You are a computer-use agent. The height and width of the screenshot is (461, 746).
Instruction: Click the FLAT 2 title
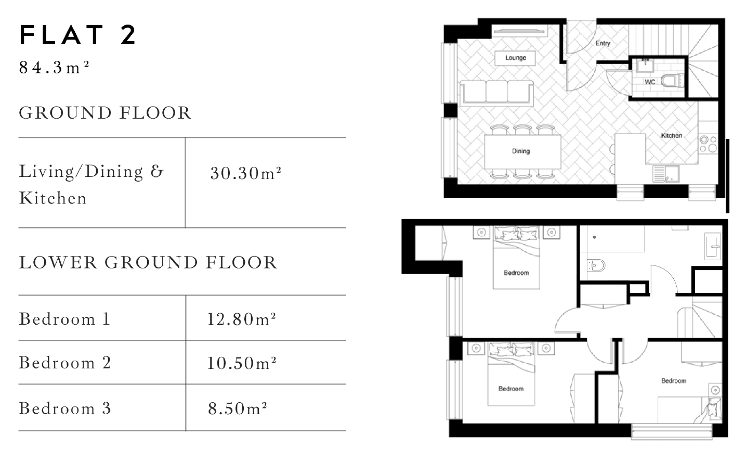tap(78, 35)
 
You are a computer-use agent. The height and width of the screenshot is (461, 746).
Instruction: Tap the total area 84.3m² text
tap(54, 68)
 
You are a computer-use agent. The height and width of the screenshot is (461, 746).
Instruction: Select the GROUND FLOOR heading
tap(105, 113)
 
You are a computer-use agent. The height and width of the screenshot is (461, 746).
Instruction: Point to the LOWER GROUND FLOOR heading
tap(148, 262)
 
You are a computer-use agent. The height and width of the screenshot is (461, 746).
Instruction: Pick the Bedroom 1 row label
tap(64, 319)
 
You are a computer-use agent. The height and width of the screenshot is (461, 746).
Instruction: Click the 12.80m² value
tap(241, 319)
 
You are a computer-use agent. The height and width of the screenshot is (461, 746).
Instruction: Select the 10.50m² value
tap(241, 363)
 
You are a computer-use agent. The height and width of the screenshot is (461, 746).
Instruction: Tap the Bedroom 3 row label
tap(65, 408)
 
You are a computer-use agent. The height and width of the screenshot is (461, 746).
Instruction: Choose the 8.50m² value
tap(238, 408)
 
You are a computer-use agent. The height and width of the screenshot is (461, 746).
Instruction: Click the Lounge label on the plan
tap(516, 58)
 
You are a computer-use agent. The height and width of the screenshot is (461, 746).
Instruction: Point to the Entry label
tap(603, 43)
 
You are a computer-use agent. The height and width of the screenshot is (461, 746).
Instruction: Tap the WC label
tap(650, 82)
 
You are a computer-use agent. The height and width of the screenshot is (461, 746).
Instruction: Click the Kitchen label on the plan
tap(671, 135)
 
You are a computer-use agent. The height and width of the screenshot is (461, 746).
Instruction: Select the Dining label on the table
tap(520, 151)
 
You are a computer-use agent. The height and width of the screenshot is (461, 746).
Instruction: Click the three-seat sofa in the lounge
tap(496, 92)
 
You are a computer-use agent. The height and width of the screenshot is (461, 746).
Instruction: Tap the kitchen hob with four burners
tap(708, 144)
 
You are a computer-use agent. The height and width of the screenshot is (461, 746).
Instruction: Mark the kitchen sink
tap(665, 173)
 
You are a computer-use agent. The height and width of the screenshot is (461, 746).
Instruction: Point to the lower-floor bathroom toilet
tap(597, 265)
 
